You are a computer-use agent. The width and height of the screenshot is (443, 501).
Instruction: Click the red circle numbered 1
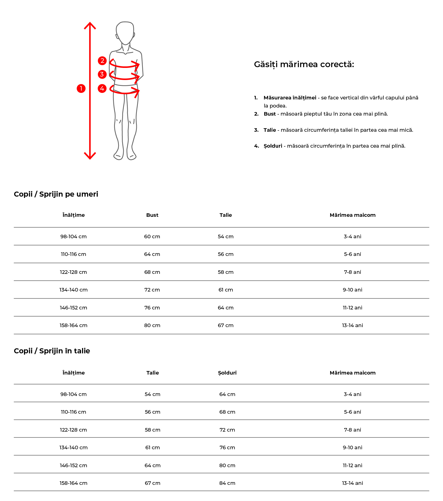pyautogui.click(x=81, y=88)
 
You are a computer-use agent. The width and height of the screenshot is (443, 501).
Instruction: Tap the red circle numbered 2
pyautogui.click(x=102, y=61)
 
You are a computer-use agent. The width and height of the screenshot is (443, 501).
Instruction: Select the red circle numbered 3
pyautogui.click(x=102, y=74)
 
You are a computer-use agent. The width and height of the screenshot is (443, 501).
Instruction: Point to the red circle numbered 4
pyautogui.click(x=102, y=88)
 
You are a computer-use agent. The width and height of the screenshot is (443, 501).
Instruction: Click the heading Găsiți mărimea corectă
pyautogui.click(x=304, y=64)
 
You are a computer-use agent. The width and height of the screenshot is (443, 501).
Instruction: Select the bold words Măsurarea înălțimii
pyautogui.click(x=290, y=98)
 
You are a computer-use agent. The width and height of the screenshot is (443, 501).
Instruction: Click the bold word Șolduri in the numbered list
pyautogui.click(x=273, y=146)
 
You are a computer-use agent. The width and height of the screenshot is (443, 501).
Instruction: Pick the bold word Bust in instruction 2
pyautogui.click(x=270, y=114)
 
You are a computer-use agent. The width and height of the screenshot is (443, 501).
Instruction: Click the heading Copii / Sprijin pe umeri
pyautogui.click(x=56, y=194)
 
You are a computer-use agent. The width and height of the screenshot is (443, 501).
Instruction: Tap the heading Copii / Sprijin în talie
pyautogui.click(x=52, y=351)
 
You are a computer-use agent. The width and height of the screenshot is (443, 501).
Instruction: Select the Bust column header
pyautogui.click(x=152, y=215)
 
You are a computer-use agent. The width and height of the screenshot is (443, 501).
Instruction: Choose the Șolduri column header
pyautogui.click(x=227, y=373)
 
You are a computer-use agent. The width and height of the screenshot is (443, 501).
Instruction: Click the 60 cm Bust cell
pyautogui.click(x=152, y=236)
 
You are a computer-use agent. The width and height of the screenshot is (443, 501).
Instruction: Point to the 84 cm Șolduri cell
pyautogui.click(x=227, y=483)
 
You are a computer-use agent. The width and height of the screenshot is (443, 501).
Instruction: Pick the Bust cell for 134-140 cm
pyautogui.click(x=152, y=290)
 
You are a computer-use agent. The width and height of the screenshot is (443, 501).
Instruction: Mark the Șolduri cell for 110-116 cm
pyautogui.click(x=227, y=412)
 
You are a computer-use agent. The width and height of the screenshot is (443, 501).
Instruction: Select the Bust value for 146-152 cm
pyautogui.click(x=152, y=308)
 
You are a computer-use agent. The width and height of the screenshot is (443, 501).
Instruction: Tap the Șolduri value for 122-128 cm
pyautogui.click(x=227, y=430)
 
